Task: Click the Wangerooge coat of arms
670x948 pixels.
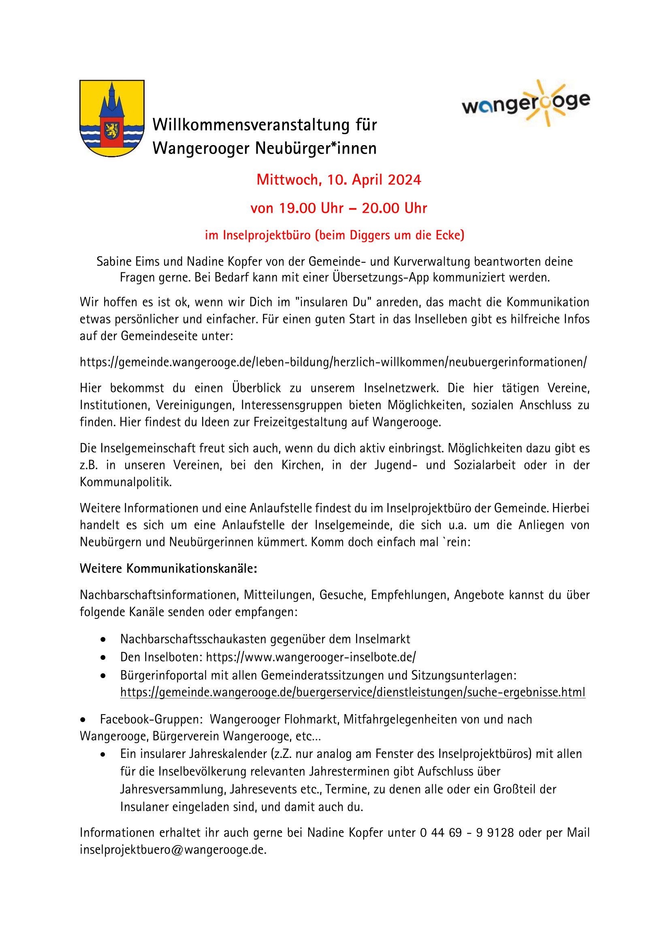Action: [112, 118]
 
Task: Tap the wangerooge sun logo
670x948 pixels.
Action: [526, 103]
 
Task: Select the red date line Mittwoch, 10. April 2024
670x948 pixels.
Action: [338, 180]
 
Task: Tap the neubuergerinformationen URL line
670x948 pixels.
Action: [333, 362]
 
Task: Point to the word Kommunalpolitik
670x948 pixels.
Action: [126, 482]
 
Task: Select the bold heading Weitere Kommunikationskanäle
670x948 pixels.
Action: [169, 569]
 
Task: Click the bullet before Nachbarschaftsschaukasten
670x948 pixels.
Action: [103, 640]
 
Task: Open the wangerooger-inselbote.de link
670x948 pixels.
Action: [311, 657]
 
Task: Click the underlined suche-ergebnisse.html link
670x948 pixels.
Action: [353, 692]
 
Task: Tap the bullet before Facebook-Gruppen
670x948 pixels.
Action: [83, 720]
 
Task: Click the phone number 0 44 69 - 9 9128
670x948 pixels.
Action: [467, 833]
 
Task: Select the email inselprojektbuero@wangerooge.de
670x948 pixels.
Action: [173, 850]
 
